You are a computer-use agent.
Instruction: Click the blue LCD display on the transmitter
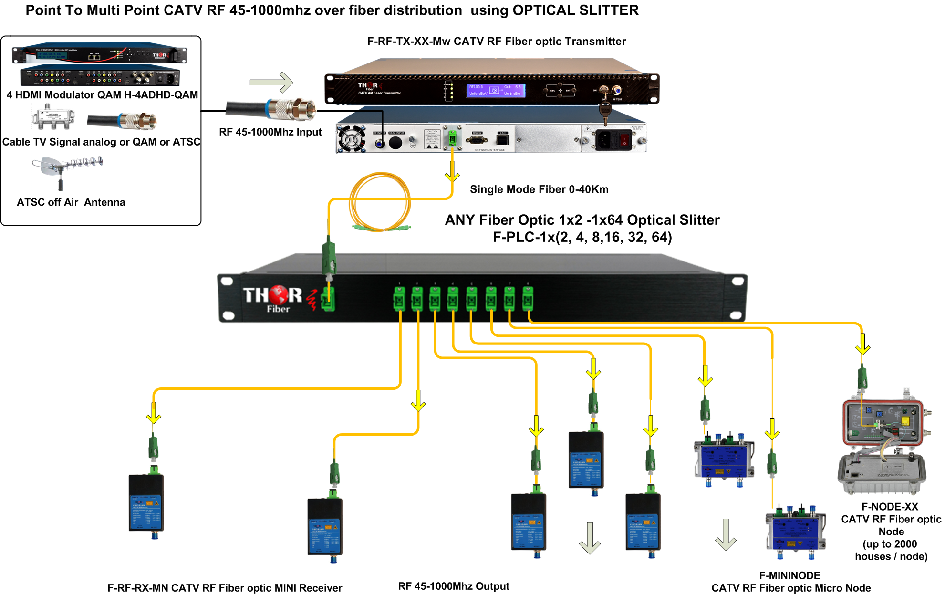pyautogui.click(x=496, y=90)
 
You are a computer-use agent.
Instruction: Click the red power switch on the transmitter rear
pyautogui.click(x=624, y=140)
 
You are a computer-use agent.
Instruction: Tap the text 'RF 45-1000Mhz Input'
pyautogui.click(x=270, y=132)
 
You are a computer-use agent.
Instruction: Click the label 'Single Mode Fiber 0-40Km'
pyautogui.click(x=539, y=189)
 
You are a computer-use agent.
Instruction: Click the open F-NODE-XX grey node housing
pyautogui.click(x=882, y=444)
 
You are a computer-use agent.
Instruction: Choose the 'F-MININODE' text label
pyautogui.click(x=789, y=575)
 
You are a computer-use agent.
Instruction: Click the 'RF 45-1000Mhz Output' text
pyautogui.click(x=453, y=586)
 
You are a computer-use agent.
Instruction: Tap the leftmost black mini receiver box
pyautogui.click(x=146, y=503)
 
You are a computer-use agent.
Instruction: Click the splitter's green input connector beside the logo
pyautogui.click(x=328, y=300)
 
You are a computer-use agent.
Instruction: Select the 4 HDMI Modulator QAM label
pyautogui.click(x=102, y=95)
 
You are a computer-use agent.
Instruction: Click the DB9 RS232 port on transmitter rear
pyautogui.click(x=477, y=140)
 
